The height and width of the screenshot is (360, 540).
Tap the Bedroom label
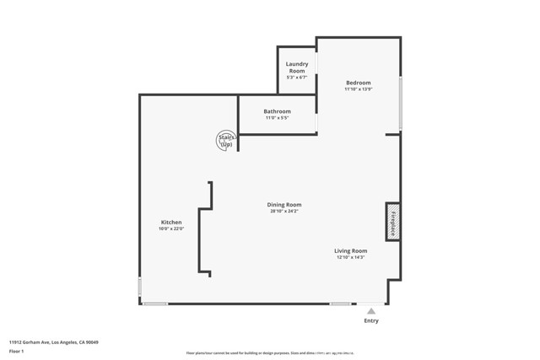(358, 83)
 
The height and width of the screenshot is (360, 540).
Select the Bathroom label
(277, 111)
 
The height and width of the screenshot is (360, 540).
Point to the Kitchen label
(171, 223)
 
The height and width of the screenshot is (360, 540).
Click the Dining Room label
(284, 205)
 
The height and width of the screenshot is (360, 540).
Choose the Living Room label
(350, 250)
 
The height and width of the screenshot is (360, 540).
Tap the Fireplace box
(393, 221)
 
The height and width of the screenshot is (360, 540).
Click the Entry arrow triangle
(371, 311)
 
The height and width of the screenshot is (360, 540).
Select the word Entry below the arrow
(371, 320)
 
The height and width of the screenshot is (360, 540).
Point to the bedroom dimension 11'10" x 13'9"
(358, 89)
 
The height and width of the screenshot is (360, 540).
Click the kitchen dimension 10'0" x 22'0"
(171, 228)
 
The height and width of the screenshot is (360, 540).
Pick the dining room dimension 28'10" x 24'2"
(284, 212)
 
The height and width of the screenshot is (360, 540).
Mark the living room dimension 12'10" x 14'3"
(350, 257)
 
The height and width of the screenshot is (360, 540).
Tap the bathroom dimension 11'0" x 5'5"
(277, 118)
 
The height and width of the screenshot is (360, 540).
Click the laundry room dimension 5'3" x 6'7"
(297, 78)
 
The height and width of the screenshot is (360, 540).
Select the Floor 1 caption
(17, 351)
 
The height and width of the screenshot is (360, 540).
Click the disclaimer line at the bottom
(270, 354)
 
